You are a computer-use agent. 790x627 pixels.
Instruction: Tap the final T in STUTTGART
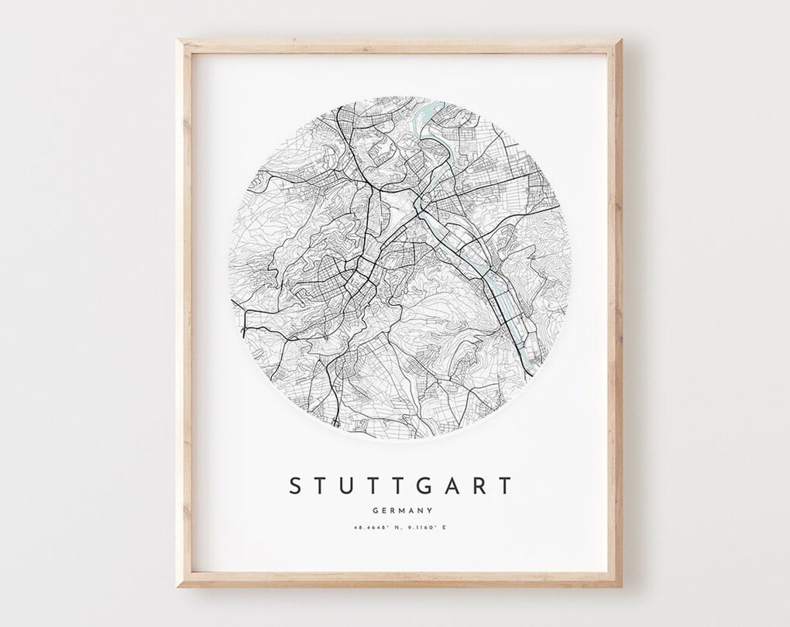[x=505, y=486]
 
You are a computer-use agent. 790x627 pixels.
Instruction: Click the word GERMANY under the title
[x=401, y=510]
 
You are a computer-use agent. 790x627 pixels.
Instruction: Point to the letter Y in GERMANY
[x=428, y=510]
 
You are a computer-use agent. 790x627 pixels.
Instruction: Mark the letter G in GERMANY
[x=375, y=510]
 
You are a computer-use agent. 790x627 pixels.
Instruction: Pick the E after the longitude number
[x=445, y=528]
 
